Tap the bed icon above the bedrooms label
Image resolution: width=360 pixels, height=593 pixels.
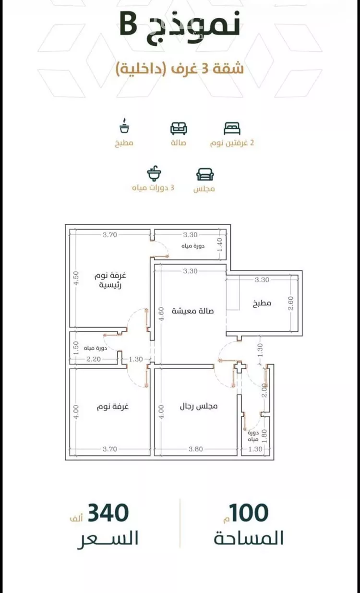(232, 128)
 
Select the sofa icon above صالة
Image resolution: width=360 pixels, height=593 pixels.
(179, 128)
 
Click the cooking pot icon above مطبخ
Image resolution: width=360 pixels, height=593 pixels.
(124, 125)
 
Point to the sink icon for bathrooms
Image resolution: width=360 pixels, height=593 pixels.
(154, 173)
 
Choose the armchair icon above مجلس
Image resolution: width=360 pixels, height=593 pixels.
(205, 174)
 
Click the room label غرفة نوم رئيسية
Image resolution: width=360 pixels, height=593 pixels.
(110, 280)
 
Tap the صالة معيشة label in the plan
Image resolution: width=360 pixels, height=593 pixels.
(192, 311)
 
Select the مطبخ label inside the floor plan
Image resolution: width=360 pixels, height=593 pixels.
(262, 303)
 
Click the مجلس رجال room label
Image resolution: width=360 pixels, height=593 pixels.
(199, 406)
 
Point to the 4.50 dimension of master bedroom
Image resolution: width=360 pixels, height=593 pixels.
(76, 278)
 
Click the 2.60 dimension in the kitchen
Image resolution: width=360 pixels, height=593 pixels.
(291, 303)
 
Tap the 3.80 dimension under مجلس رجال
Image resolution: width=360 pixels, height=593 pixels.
(196, 449)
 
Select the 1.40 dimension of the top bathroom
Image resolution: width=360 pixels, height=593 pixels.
(220, 244)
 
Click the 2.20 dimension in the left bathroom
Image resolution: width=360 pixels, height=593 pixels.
(94, 359)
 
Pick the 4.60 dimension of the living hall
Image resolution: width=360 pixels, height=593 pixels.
(161, 314)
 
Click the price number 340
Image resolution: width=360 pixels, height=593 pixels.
(108, 513)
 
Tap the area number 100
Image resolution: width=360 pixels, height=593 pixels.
(249, 513)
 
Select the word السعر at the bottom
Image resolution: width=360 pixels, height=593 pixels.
(108, 538)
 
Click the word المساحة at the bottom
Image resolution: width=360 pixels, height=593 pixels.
(249, 538)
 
